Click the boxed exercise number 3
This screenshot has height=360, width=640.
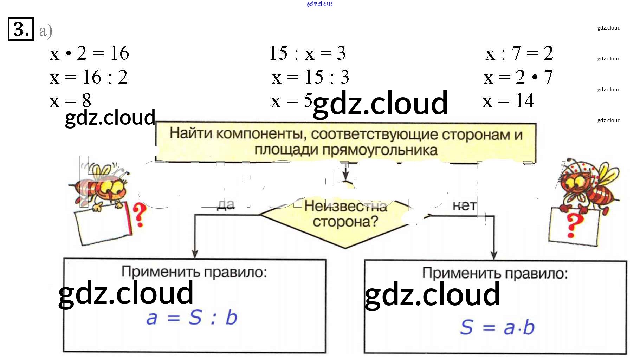pyautogui.click(x=21, y=29)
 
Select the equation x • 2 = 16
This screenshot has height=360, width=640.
pyautogui.click(x=89, y=53)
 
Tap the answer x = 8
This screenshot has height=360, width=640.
pyautogui.click(x=70, y=101)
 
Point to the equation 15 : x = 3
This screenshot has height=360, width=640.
pyautogui.click(x=307, y=53)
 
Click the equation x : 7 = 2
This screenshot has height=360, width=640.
pyautogui.click(x=519, y=53)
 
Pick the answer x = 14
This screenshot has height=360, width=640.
pyautogui.click(x=508, y=101)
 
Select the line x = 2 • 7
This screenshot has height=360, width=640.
pyautogui.click(x=518, y=77)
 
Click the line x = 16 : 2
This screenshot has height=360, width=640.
pyautogui.click(x=89, y=77)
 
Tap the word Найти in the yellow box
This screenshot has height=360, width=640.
pyautogui.click(x=190, y=133)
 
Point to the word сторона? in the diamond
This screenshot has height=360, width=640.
pyautogui.click(x=345, y=222)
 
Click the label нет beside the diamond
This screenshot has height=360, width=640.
pyautogui.click(x=464, y=206)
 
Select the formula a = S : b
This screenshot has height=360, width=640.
pyautogui.click(x=192, y=318)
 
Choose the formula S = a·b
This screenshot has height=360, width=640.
pyautogui.click(x=497, y=327)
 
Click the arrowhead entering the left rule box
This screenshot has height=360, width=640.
pyautogui.click(x=195, y=254)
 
